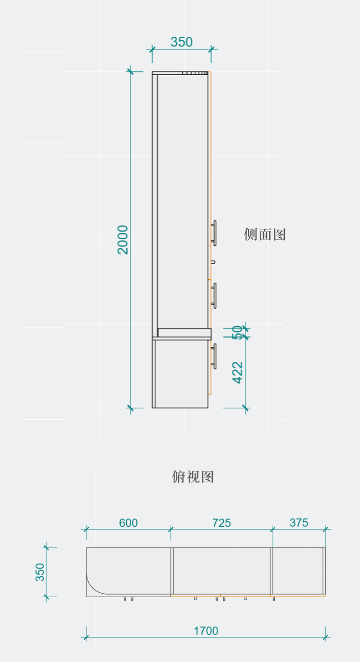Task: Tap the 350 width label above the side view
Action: [181, 42]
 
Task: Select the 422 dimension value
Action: [237, 372]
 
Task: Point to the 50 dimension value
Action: [237, 333]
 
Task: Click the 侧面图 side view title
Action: [265, 235]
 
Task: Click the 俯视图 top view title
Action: [193, 477]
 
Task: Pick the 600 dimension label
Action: [128, 523]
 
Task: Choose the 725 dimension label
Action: [221, 523]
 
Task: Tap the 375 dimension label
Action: [299, 523]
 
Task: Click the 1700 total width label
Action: [206, 631]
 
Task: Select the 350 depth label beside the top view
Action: [40, 572]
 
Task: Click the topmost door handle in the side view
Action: [214, 233]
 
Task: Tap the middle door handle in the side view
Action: [214, 295]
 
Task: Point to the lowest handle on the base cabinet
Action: [214, 356]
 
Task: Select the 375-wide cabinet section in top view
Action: [298, 571]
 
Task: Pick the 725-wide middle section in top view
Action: [221, 571]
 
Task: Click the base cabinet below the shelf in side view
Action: [181, 374]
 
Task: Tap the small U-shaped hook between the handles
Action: [212, 262]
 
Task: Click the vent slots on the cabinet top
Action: [195, 73]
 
